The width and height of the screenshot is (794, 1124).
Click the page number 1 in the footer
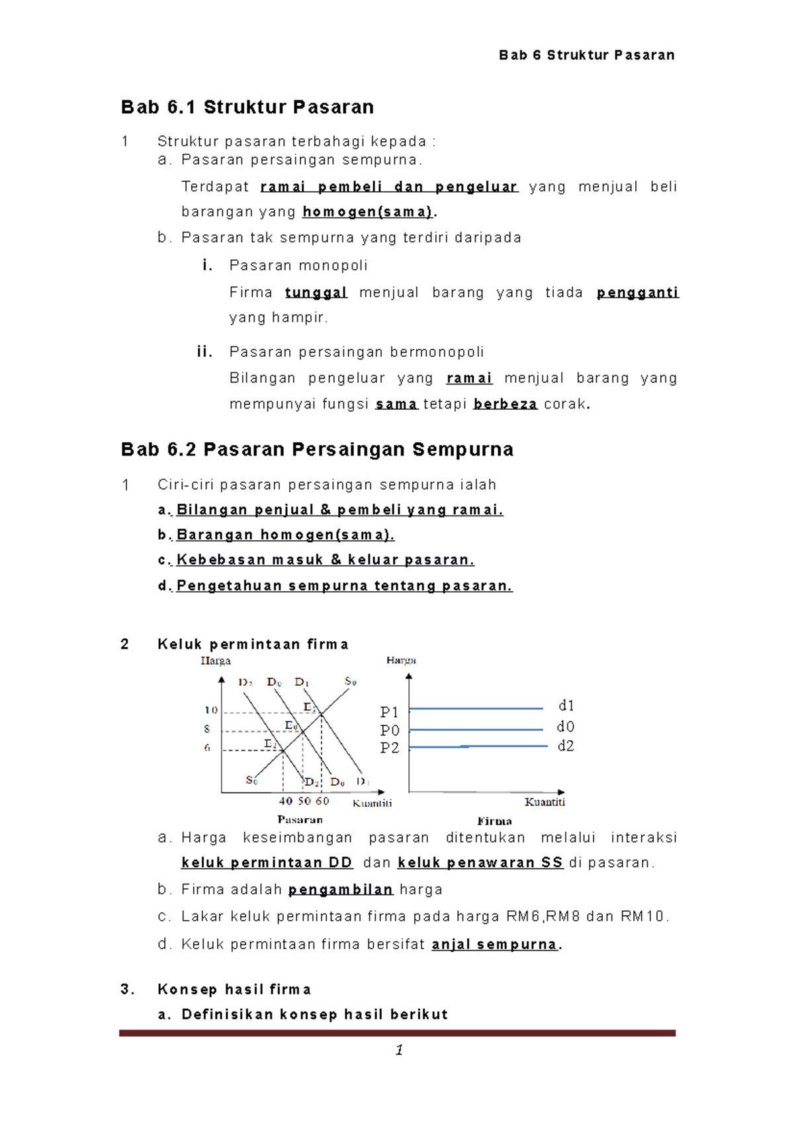click(x=399, y=1051)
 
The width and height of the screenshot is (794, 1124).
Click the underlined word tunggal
click(x=316, y=293)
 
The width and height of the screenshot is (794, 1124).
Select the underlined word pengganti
click(x=637, y=293)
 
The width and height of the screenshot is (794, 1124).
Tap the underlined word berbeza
click(x=505, y=404)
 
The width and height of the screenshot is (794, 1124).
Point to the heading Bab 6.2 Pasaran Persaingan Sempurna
click(x=317, y=449)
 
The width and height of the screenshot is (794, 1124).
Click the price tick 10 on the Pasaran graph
click(x=211, y=710)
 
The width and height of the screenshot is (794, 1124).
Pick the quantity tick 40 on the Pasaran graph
click(x=286, y=801)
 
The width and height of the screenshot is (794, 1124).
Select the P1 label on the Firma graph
click(x=389, y=712)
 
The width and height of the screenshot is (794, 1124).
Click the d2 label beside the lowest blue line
click(x=566, y=746)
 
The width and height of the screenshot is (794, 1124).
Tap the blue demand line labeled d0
click(x=476, y=729)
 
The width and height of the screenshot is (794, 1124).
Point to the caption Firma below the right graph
click(x=494, y=821)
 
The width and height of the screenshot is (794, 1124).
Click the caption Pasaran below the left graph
click(x=300, y=820)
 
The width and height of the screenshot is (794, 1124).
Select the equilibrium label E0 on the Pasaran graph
click(x=291, y=726)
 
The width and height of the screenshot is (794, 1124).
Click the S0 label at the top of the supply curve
click(x=350, y=681)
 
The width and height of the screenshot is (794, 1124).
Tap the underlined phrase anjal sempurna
click(x=494, y=945)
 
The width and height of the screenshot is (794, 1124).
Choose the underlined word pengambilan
click(x=341, y=890)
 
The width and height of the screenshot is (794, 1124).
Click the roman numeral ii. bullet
click(x=204, y=351)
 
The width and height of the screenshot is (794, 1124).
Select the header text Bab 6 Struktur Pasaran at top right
click(x=586, y=55)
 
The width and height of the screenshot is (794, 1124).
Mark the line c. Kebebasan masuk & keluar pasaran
click(x=316, y=560)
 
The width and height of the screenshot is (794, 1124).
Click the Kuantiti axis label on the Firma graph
click(x=545, y=802)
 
